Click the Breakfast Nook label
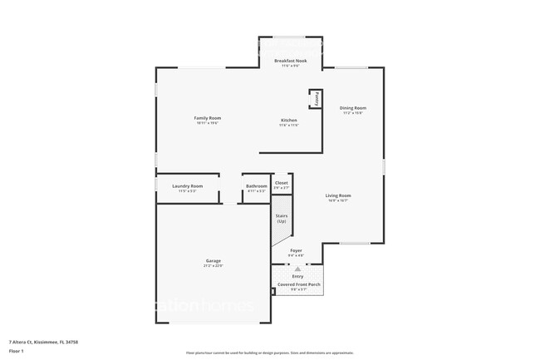click(291, 61)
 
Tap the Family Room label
click(208, 118)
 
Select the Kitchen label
click(288, 120)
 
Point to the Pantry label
click(317, 98)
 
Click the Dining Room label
click(352, 108)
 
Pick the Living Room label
click(337, 195)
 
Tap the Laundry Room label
click(187, 186)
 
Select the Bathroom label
click(257, 186)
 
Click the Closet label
click(282, 182)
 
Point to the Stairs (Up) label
click(282, 218)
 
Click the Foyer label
click(296, 249)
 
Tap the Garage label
click(214, 261)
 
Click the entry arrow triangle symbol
click(297, 269)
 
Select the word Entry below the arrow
click(297, 276)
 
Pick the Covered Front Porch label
click(297, 284)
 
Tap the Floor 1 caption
click(17, 351)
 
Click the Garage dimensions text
click(214, 266)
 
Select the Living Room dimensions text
click(337, 200)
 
